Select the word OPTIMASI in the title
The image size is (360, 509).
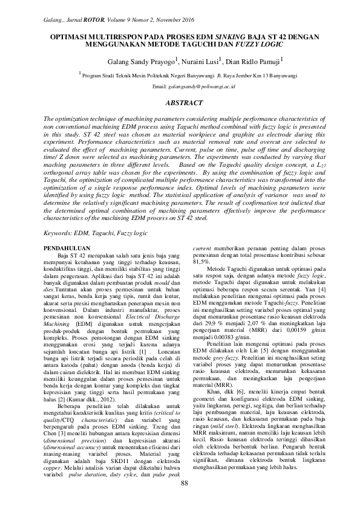(x=66, y=37)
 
